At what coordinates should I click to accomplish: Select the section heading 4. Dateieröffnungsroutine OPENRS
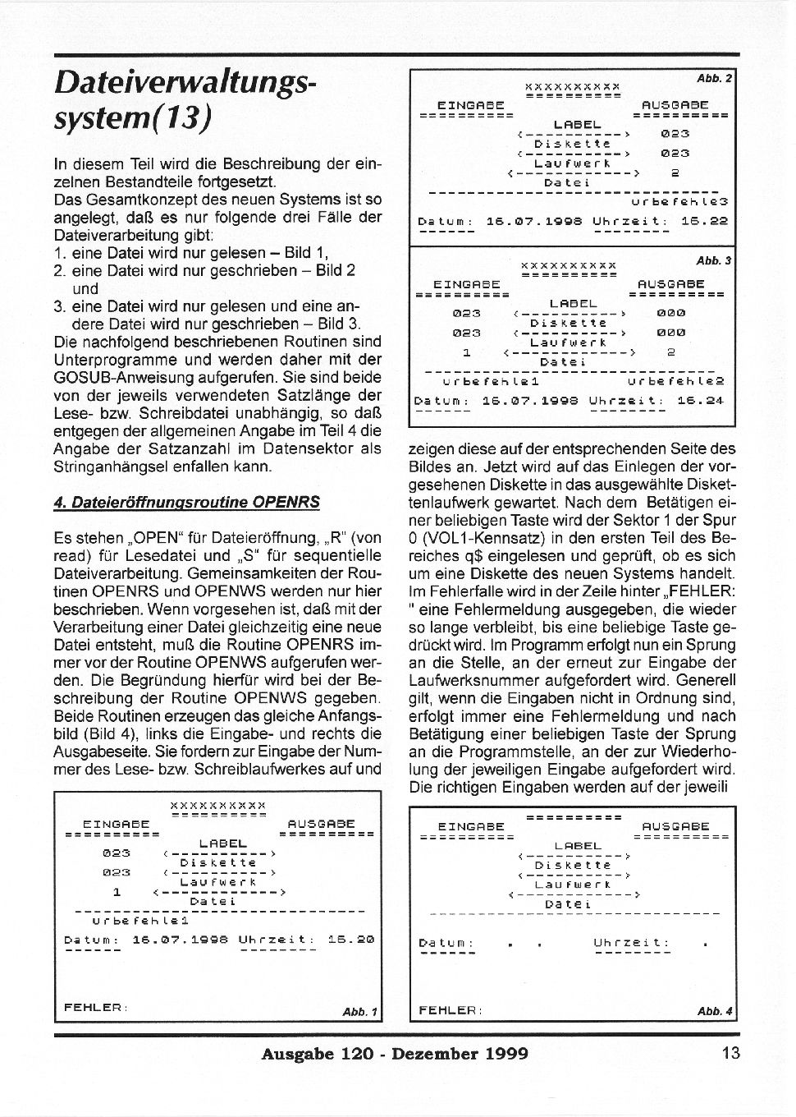pyautogui.click(x=186, y=502)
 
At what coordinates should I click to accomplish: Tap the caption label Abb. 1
pyautogui.click(x=359, y=1012)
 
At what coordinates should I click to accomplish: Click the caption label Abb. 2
pyautogui.click(x=714, y=79)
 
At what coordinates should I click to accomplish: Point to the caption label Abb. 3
pyautogui.click(x=714, y=260)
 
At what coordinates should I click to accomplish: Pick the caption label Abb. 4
pyautogui.click(x=714, y=1011)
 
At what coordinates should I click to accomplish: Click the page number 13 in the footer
pyautogui.click(x=731, y=1054)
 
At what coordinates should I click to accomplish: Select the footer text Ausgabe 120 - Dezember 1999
pyautogui.click(x=394, y=1054)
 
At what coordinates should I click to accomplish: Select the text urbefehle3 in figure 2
pyautogui.click(x=679, y=200)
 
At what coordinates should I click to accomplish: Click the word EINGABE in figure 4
pyautogui.click(x=471, y=826)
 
